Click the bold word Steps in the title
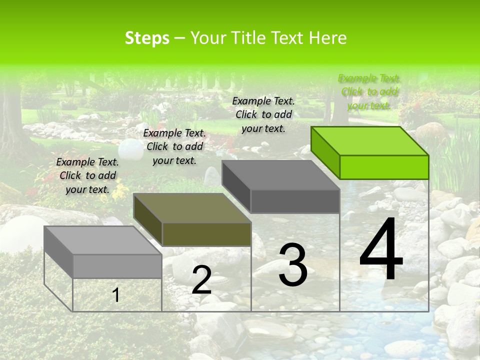147,38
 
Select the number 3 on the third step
292,265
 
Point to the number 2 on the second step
201,280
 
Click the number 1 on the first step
116,295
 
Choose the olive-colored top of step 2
192,208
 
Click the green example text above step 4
369,92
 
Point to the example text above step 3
263,114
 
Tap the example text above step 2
174,146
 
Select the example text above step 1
87,175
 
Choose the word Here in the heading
327,38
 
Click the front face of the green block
384,167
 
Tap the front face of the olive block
206,234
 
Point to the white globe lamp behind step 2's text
131,148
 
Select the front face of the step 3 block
295,201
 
